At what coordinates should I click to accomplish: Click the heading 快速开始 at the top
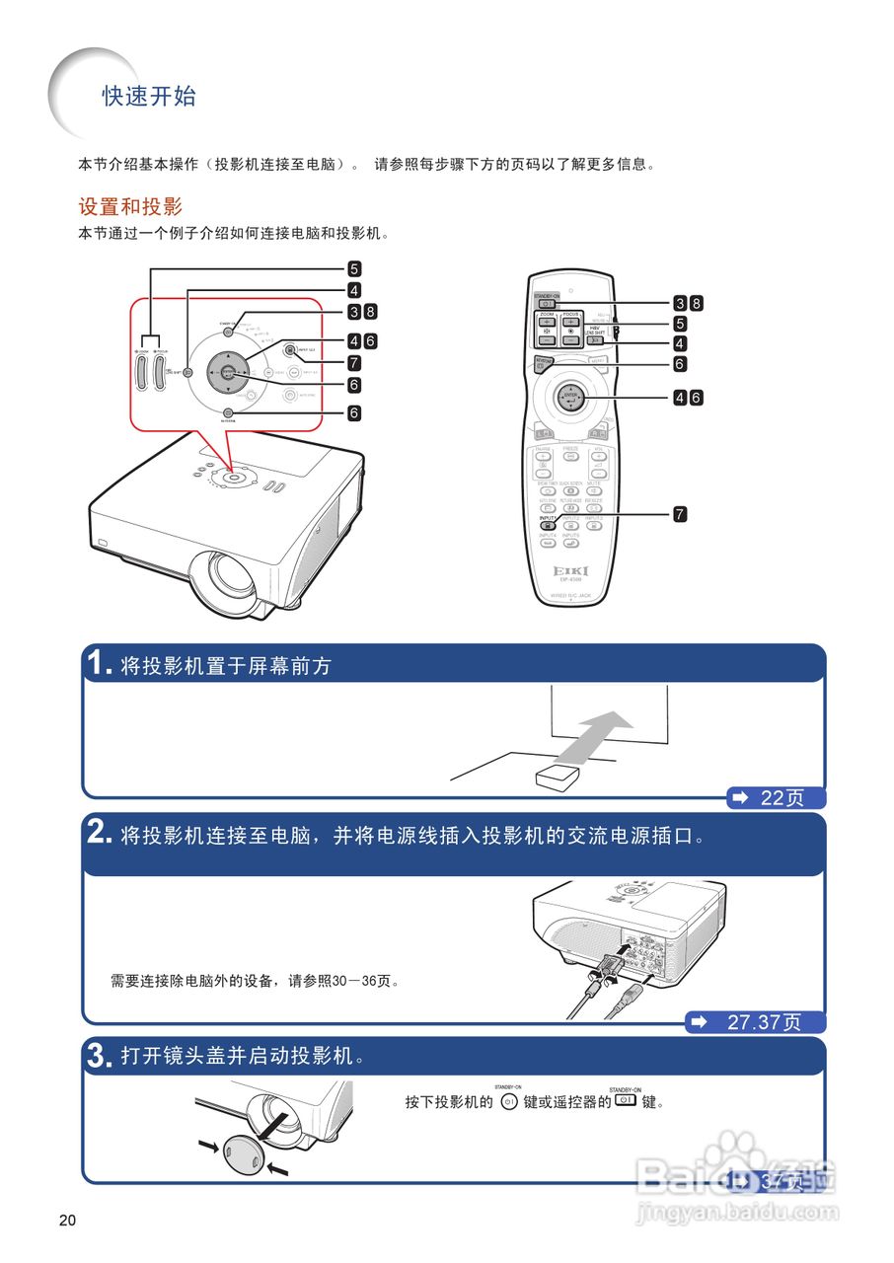tap(149, 97)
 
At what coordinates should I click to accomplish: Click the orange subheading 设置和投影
tap(130, 207)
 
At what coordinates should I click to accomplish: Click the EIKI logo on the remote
tap(571, 571)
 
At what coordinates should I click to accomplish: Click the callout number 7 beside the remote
tap(680, 514)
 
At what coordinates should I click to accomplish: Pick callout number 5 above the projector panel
tap(353, 268)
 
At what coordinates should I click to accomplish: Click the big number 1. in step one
tap(100, 664)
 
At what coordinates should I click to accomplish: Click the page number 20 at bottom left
tap(67, 1221)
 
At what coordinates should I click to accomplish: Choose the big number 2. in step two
tap(100, 834)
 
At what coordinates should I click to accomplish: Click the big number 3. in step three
tap(100, 1057)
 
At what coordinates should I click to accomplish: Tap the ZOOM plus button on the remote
tap(546, 322)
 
